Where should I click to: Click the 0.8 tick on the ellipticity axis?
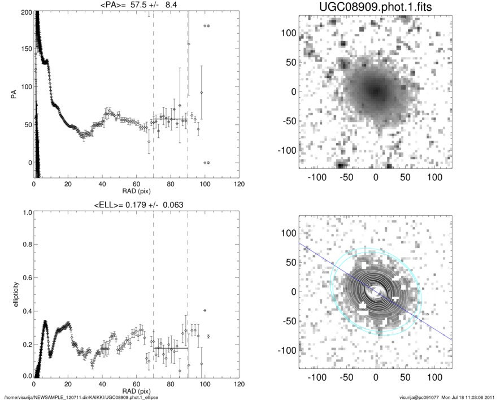pyautogui.click(x=25, y=245)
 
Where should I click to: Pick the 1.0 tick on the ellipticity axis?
pyautogui.click(x=25, y=213)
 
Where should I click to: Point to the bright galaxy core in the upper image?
pyautogui.click(x=375, y=90)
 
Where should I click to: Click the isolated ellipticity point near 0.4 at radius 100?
pyautogui.click(x=205, y=310)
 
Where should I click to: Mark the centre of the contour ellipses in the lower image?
pyautogui.click(x=375, y=292)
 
